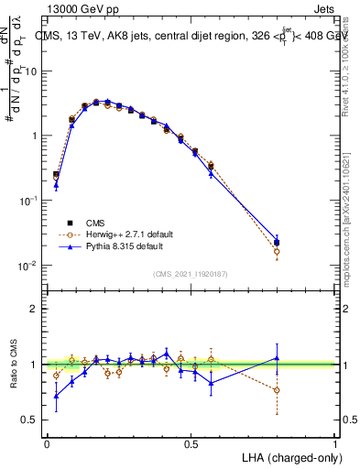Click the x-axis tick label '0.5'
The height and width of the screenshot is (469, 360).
click(x=191, y=442)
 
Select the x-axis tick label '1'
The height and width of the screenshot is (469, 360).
click(x=334, y=442)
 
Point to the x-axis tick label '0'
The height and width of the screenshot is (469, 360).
click(x=48, y=442)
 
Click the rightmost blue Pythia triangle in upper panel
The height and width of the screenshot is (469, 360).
click(x=277, y=238)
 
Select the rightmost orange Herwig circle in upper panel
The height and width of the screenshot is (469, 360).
click(x=277, y=251)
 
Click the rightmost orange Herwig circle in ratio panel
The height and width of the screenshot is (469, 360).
click(x=277, y=390)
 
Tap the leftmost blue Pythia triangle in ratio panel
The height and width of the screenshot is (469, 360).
click(x=56, y=396)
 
